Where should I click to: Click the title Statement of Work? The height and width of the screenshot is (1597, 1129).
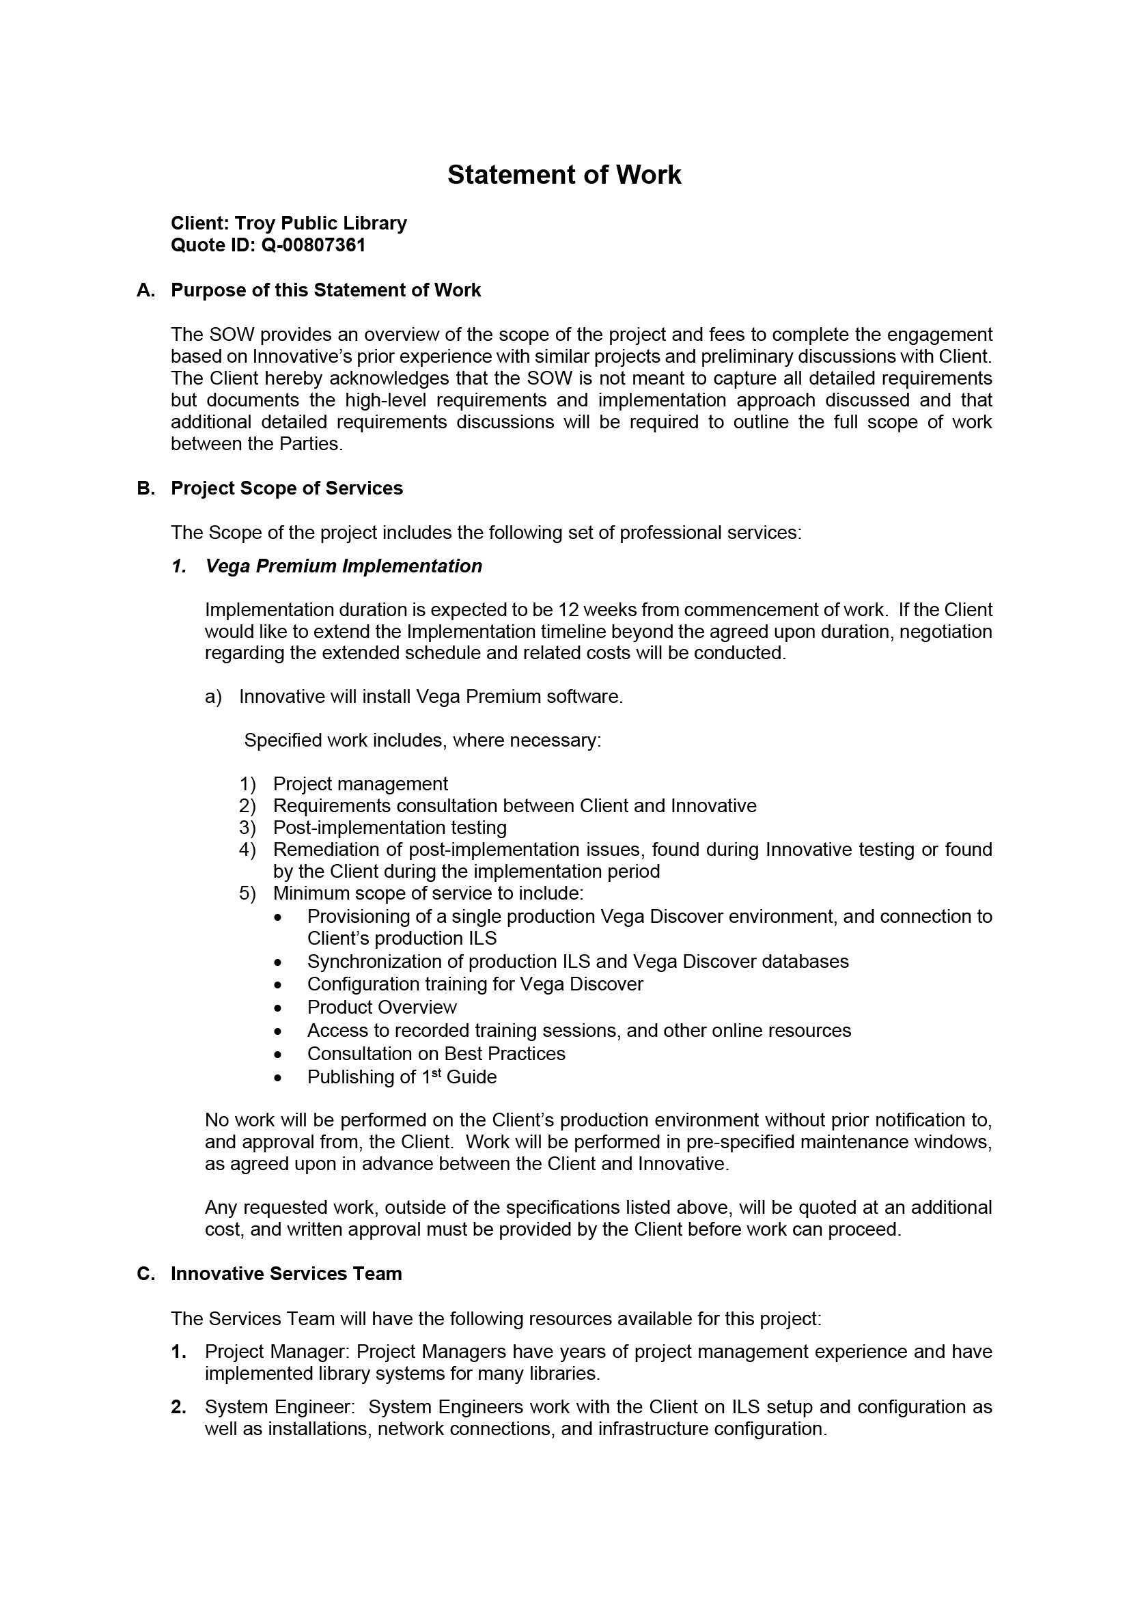pos(563,175)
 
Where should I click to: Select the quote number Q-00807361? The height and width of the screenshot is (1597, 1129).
pos(313,245)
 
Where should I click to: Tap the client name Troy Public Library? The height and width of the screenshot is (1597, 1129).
pos(320,223)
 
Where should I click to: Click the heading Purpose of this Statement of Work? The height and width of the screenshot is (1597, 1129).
pos(326,290)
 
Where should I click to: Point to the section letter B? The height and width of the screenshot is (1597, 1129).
pos(145,488)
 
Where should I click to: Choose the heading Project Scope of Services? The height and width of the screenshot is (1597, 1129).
pos(287,488)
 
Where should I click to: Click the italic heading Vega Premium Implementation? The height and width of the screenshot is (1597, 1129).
pos(344,566)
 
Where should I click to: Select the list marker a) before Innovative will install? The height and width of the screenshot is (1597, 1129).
pos(213,697)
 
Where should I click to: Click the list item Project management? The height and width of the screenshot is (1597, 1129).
pos(361,784)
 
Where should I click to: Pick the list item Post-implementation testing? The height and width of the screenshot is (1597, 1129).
pos(389,828)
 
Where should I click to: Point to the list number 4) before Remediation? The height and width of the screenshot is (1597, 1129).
pos(248,849)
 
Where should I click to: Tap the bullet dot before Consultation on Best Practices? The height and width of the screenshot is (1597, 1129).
pos(278,1055)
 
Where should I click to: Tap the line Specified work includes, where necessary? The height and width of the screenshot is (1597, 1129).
pos(422,740)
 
